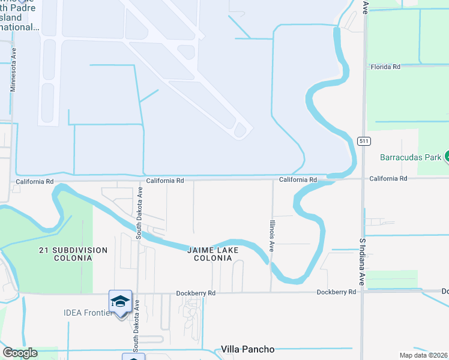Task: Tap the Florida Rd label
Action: coord(385,67)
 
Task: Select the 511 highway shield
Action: coord(364,141)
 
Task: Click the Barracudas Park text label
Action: coord(411,158)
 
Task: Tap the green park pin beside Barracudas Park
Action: coord(446,157)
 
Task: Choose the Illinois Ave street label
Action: coord(272,235)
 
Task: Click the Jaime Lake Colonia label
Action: coord(212,254)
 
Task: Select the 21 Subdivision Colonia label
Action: coord(65,254)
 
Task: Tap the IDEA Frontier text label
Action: coord(88,312)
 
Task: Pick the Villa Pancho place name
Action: coord(247,349)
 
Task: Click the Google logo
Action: coord(19,353)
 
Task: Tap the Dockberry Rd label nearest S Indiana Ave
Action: coord(337,292)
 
